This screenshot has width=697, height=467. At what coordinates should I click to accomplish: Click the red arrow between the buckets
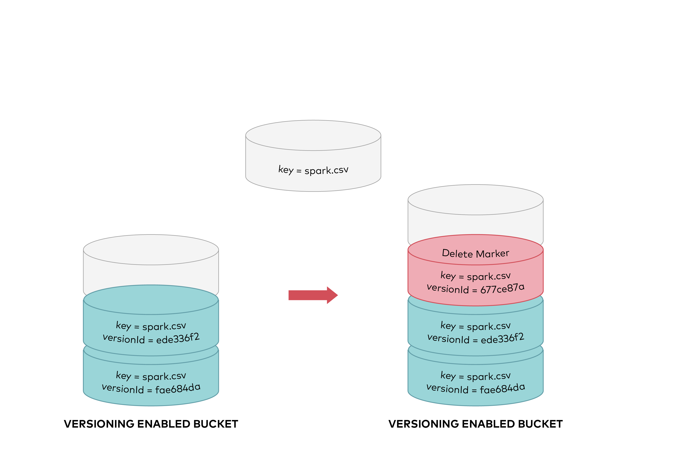(x=313, y=295)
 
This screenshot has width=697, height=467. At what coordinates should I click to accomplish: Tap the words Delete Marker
(x=475, y=253)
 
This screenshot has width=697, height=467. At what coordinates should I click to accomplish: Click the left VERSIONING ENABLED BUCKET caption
(x=151, y=424)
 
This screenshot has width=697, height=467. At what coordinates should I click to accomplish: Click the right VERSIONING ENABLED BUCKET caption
(x=475, y=424)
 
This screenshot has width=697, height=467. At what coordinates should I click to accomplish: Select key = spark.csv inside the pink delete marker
(x=475, y=276)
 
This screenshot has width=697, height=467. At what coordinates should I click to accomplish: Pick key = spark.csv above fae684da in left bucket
(x=151, y=376)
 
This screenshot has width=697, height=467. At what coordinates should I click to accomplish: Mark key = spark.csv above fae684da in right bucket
(x=475, y=376)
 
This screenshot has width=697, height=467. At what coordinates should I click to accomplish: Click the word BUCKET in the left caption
(x=216, y=424)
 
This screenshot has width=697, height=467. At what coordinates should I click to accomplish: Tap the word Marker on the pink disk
(x=492, y=253)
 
